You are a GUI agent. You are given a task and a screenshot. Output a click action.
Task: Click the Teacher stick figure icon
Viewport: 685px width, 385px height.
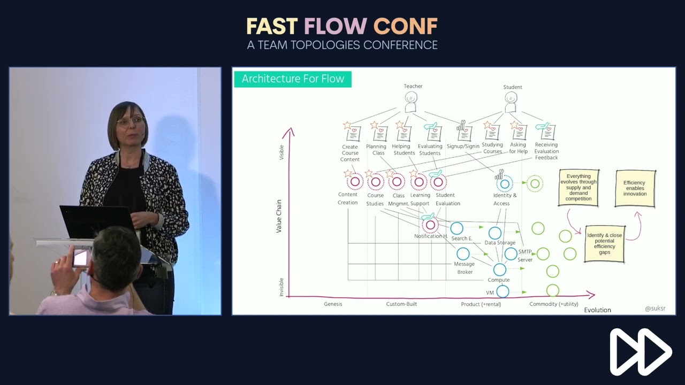(x=411, y=101)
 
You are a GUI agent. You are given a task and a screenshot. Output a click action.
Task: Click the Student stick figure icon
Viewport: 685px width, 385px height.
(x=511, y=101)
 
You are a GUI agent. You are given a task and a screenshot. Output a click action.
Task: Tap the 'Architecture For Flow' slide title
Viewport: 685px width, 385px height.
(x=293, y=79)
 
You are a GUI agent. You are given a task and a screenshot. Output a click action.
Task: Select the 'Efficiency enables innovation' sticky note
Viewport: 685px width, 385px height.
(x=635, y=188)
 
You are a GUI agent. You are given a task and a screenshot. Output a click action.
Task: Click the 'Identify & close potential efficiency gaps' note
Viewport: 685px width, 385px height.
(x=605, y=243)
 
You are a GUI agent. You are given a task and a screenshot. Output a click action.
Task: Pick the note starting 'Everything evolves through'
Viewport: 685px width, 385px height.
(x=579, y=188)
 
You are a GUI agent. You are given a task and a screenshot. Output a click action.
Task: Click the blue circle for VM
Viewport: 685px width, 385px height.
(x=503, y=291)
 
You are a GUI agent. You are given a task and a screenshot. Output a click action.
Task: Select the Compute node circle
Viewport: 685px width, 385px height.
(x=499, y=269)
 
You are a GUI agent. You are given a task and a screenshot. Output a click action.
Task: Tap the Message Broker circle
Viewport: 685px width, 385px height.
(x=463, y=254)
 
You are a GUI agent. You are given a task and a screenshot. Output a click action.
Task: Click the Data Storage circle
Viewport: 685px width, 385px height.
(x=495, y=233)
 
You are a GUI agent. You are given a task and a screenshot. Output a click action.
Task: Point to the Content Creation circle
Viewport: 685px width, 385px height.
(x=355, y=182)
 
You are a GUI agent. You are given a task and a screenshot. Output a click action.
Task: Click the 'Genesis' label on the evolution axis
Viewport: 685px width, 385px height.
(x=333, y=304)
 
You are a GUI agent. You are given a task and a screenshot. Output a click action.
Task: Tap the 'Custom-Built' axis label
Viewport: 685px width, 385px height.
(x=401, y=304)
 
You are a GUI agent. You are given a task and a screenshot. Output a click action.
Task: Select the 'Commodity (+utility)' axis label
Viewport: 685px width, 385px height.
(x=554, y=304)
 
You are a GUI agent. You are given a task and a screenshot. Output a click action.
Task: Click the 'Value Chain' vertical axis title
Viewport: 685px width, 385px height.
(x=279, y=216)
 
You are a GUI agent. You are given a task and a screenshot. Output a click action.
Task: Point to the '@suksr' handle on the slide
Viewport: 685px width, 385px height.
(x=655, y=309)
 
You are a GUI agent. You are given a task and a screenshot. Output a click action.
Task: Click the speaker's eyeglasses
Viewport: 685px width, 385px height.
(x=130, y=121)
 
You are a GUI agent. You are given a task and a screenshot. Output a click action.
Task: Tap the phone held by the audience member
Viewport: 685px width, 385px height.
(x=81, y=258)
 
